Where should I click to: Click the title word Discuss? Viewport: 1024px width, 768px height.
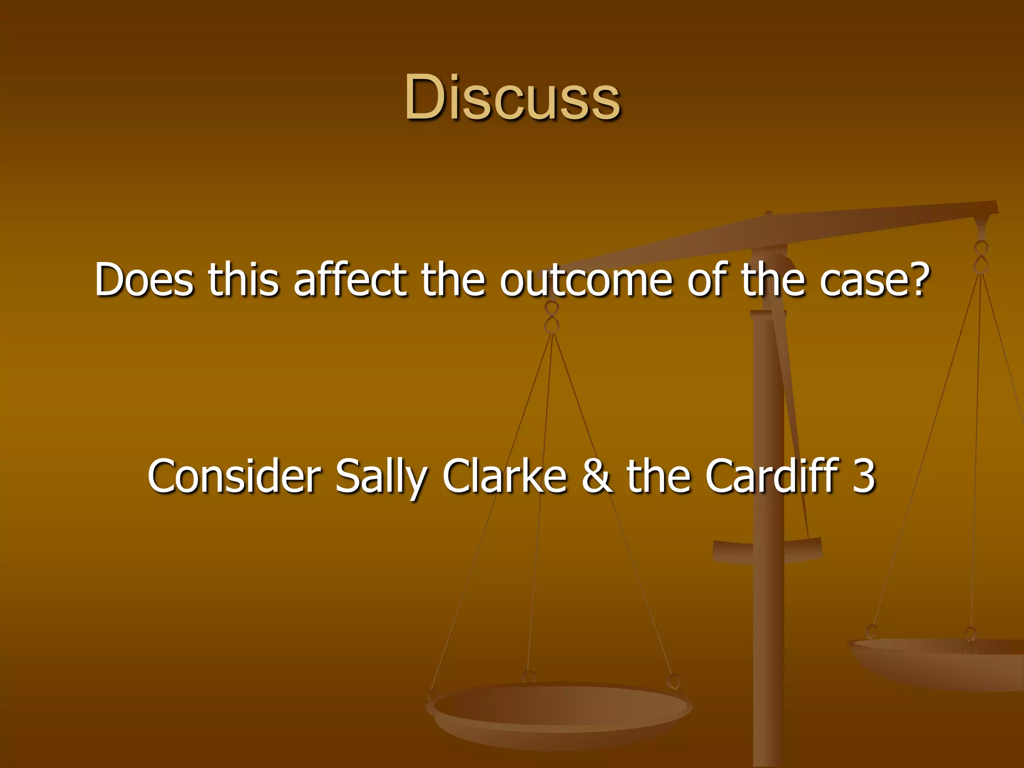click(x=512, y=97)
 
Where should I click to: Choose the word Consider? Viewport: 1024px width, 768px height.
click(x=234, y=476)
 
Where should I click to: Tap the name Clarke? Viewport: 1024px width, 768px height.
click(x=505, y=476)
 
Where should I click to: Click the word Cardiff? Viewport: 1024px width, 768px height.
click(x=772, y=476)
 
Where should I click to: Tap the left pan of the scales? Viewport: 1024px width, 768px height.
click(x=559, y=710)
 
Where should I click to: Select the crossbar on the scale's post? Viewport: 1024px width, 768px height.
click(x=767, y=550)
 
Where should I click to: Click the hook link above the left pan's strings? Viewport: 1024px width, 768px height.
click(x=551, y=317)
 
